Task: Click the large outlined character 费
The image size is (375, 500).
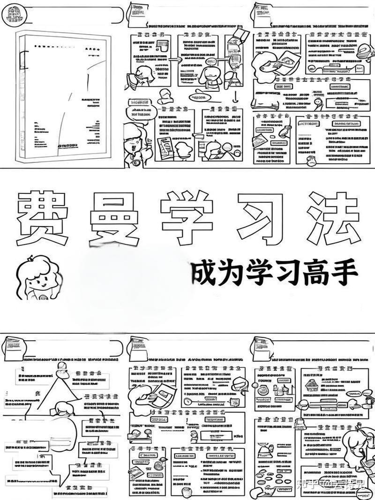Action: [x=45, y=218]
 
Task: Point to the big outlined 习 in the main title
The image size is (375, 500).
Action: [x=261, y=216]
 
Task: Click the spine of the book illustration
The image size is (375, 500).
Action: [x=19, y=98]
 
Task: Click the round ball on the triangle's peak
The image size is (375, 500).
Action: [x=61, y=367]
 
